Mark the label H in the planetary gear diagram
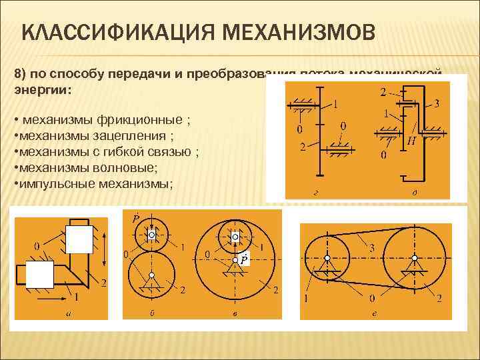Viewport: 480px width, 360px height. (x=411, y=141)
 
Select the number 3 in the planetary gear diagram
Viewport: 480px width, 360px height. (x=436, y=103)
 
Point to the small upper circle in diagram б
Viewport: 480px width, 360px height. (x=152, y=234)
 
